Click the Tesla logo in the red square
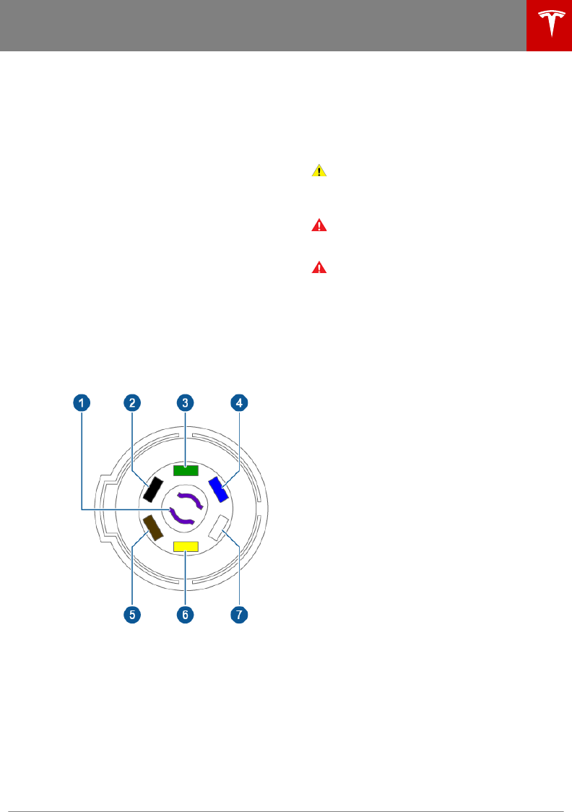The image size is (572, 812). click(x=549, y=25)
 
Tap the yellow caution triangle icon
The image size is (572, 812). click(x=319, y=171)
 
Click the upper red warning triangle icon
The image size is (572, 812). click(x=319, y=225)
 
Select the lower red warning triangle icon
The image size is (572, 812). click(x=319, y=267)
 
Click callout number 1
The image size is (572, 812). click(x=82, y=402)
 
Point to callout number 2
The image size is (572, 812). click(x=131, y=402)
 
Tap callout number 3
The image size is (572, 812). click(x=185, y=402)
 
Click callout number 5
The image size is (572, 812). click(x=131, y=614)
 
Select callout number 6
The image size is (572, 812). click(x=185, y=614)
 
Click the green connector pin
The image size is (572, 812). click(x=186, y=470)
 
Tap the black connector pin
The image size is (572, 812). click(x=152, y=489)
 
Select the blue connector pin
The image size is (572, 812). click(x=217, y=490)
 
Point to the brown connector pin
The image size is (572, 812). click(x=153, y=527)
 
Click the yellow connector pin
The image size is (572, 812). click(x=186, y=546)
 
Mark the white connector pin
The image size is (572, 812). click(x=218, y=528)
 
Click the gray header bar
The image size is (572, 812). click(x=260, y=25)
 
